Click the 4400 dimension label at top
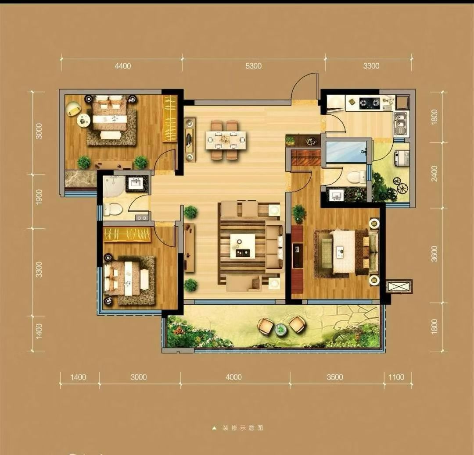coord(123,66)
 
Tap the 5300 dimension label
coord(253,66)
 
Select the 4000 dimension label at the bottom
coord(233,377)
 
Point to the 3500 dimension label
coord(335,377)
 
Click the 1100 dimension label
coord(396,377)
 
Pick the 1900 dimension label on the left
coord(39,197)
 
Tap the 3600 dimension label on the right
coord(434,254)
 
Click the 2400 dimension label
coord(434,173)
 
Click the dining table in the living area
coord(226,140)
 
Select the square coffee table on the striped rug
coord(242,246)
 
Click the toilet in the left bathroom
coord(112,209)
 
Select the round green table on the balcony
coord(281,330)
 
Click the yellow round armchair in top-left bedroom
coord(73,109)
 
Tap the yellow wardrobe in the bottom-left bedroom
coord(127,234)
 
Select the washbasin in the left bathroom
coord(136,183)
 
